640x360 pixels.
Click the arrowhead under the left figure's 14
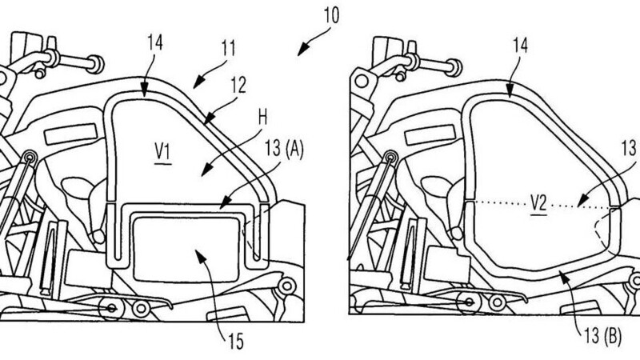144,95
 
